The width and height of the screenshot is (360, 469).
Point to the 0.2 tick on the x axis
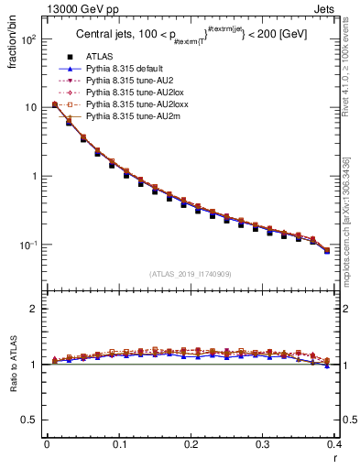(x=191, y=444)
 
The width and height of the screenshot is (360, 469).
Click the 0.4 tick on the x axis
(x=334, y=444)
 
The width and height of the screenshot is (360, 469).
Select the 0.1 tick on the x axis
(x=119, y=444)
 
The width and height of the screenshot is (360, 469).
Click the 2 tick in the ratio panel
(x=35, y=309)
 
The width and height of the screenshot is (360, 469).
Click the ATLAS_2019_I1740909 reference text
(x=190, y=274)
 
